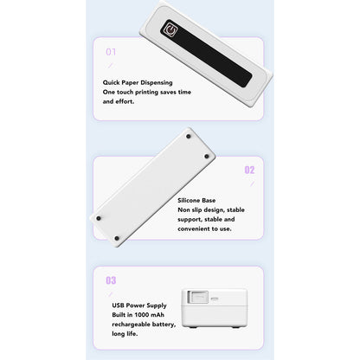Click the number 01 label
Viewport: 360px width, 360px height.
tap(110, 51)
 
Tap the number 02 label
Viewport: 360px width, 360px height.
tap(249, 170)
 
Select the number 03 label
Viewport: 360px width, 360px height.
tap(110, 280)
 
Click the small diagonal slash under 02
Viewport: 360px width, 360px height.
tap(252, 183)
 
